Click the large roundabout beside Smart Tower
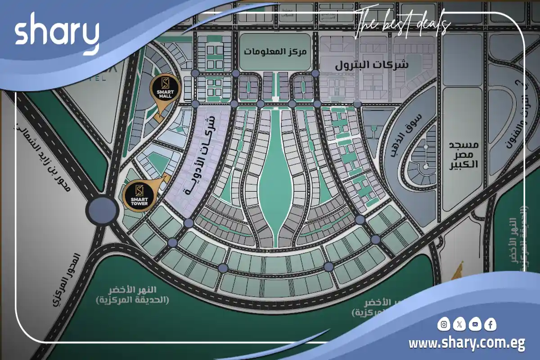[x=103, y=210]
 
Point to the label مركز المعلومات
[x=275, y=51]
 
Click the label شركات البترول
[x=372, y=64]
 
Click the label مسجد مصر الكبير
[x=463, y=154]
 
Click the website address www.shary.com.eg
[x=467, y=344]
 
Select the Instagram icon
[x=444, y=324]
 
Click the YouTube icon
[x=475, y=324]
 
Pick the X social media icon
[x=459, y=324]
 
